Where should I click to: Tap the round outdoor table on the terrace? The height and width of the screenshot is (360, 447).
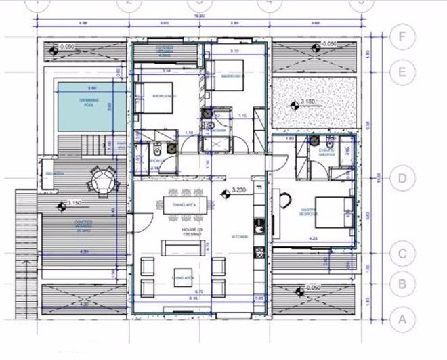(x=104, y=181)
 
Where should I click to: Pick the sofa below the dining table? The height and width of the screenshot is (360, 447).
(x=181, y=248)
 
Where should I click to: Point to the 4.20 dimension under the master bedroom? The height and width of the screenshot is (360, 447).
(x=313, y=238)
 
